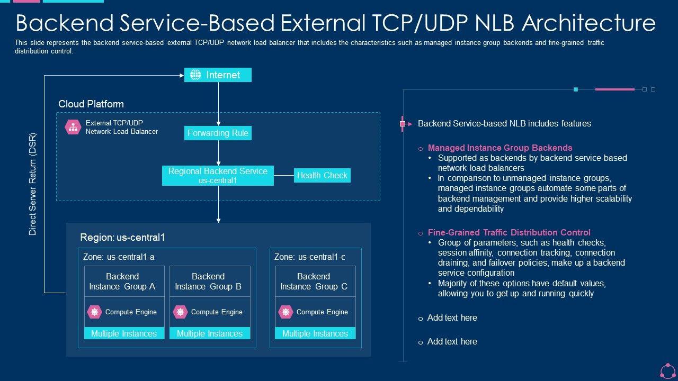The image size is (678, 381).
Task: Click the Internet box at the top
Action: [x=218, y=75]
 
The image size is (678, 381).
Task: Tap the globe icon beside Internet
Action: [x=195, y=75]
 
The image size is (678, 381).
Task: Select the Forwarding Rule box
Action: [x=218, y=133]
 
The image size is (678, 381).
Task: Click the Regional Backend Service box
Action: [x=218, y=175]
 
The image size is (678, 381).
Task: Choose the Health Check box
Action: [x=322, y=175]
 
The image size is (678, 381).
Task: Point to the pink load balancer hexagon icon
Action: [x=73, y=127]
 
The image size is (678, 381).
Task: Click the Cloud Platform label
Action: [x=91, y=104]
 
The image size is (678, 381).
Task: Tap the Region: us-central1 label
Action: [x=122, y=238]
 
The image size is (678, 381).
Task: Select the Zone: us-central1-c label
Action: [x=310, y=257]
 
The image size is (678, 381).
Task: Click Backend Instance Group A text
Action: [x=122, y=282]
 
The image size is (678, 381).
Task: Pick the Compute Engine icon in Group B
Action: [x=181, y=312]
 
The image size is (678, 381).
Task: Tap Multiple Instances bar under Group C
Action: [x=315, y=333]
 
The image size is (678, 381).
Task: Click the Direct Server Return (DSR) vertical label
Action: [x=33, y=184]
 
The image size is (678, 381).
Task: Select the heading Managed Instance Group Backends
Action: [x=500, y=148]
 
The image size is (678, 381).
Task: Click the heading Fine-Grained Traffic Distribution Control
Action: [x=509, y=232]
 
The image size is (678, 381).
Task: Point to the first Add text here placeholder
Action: [x=452, y=318]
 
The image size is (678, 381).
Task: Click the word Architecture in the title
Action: [x=588, y=23]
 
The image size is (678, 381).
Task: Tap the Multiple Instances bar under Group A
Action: [x=124, y=333]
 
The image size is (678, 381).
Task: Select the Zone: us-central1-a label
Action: [x=119, y=257]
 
